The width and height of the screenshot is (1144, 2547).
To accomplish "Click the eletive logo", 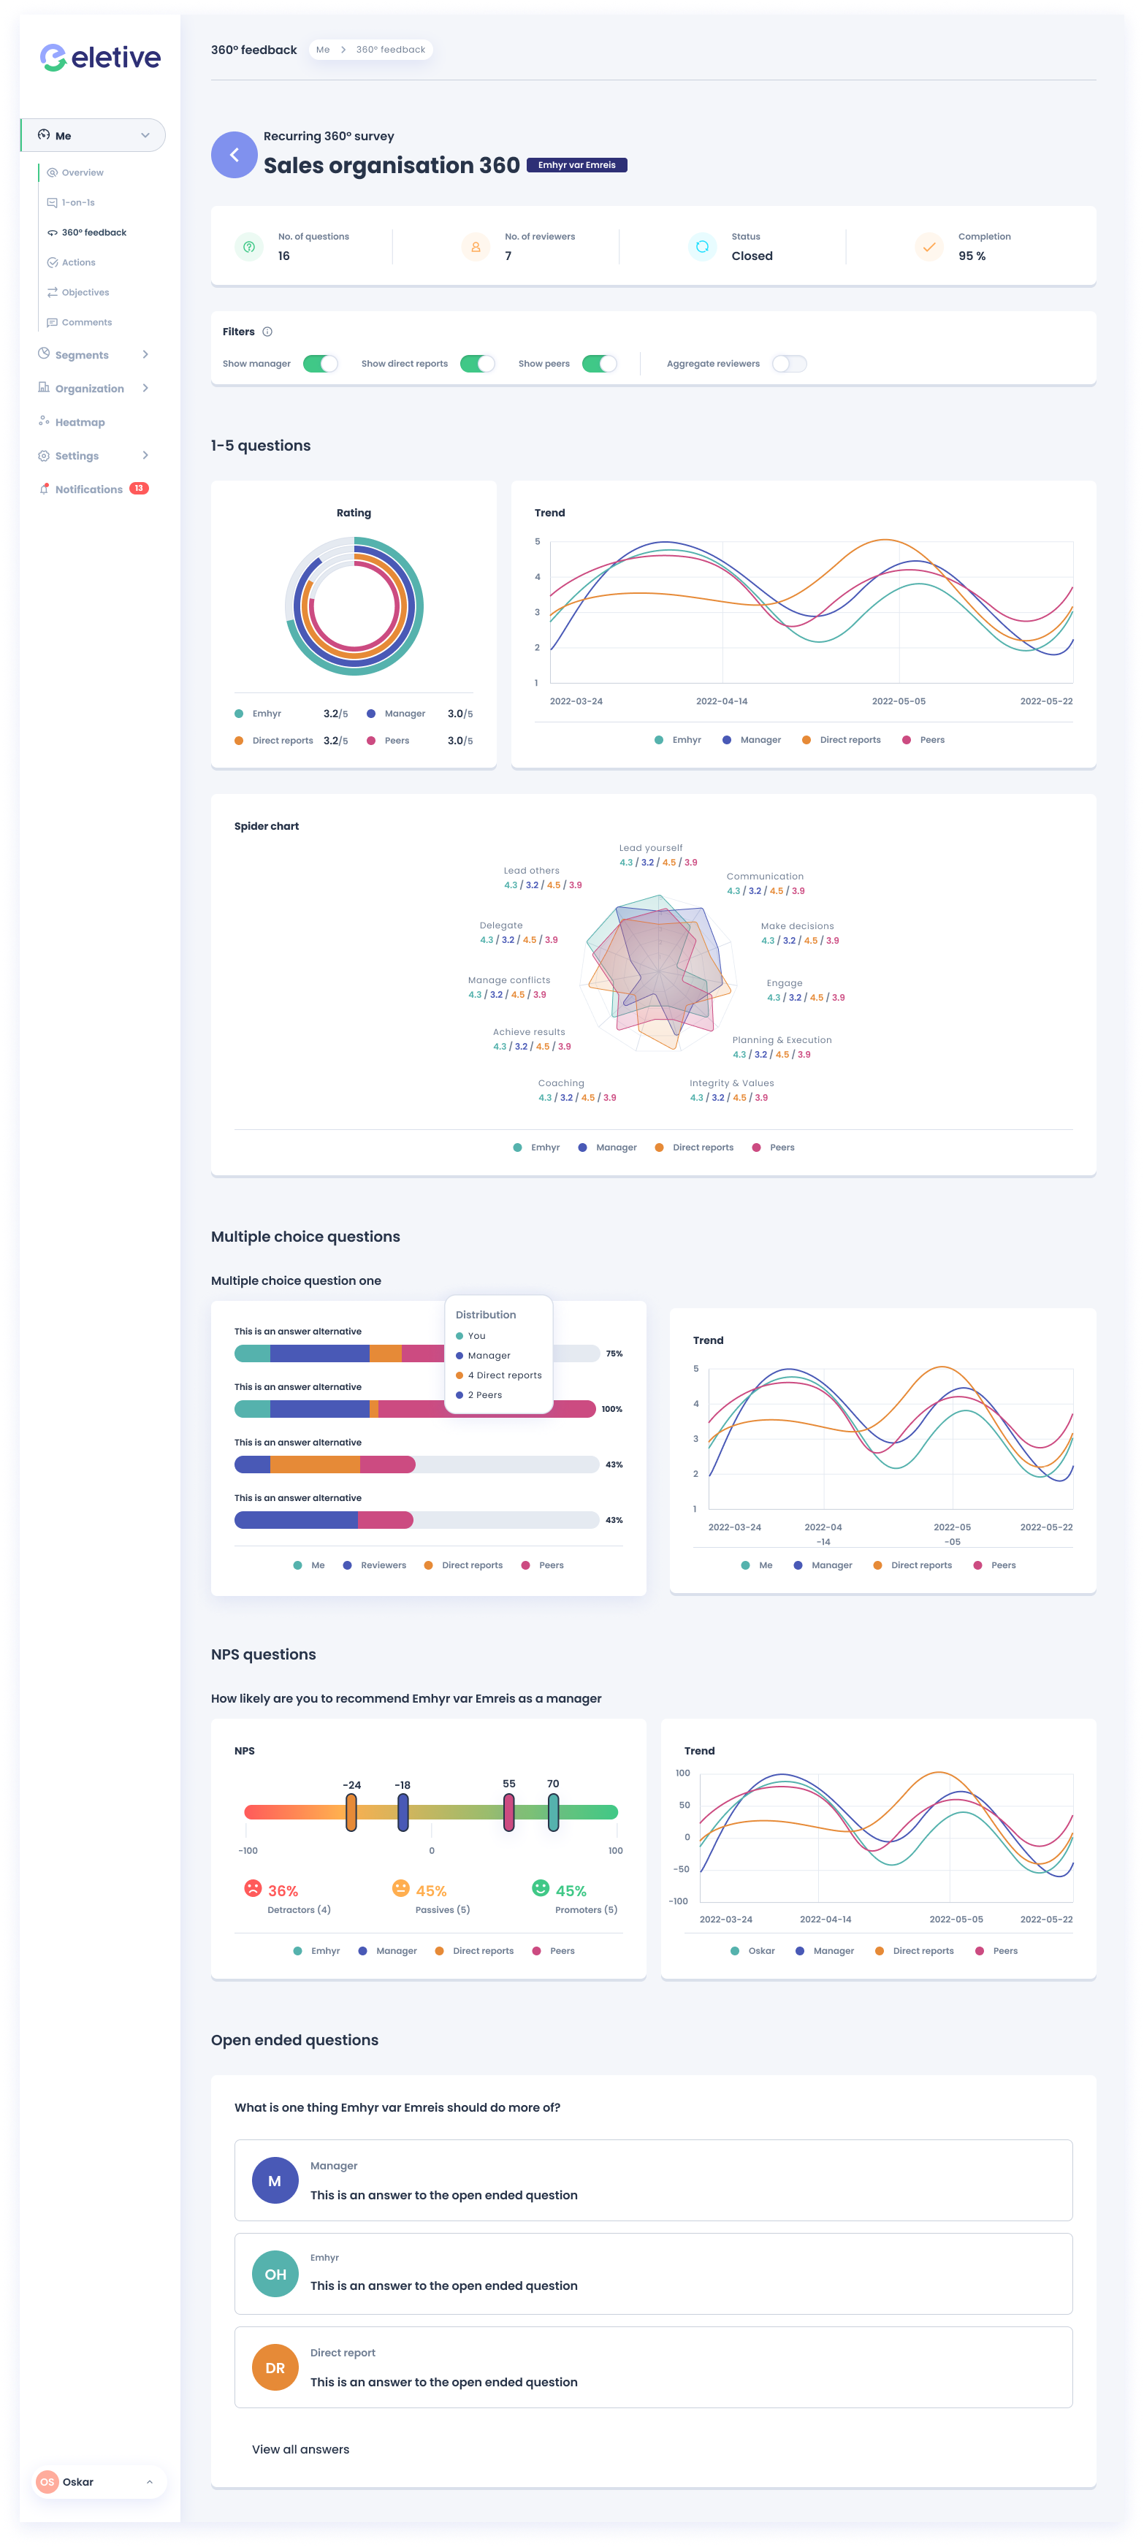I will click(x=100, y=58).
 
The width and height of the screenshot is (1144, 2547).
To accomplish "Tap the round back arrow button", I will click(x=234, y=156).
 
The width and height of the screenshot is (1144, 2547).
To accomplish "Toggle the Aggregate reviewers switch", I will click(x=789, y=364).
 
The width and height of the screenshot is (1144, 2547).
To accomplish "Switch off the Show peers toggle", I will click(x=599, y=364).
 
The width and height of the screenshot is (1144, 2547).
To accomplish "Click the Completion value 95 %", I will click(x=971, y=256).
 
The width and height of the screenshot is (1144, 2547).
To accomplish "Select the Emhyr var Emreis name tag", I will click(x=576, y=165).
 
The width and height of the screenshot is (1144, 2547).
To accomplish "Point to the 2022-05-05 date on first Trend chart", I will click(x=898, y=701).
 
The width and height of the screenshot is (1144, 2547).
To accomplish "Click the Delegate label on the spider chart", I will click(x=501, y=925).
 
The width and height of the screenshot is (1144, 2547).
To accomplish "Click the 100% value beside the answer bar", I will click(x=612, y=1409).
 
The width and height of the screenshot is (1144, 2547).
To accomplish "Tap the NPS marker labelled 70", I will click(x=553, y=1811).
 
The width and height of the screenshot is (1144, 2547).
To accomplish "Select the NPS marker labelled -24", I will click(x=351, y=1811).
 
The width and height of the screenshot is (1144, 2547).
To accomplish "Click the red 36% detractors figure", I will click(x=283, y=1890).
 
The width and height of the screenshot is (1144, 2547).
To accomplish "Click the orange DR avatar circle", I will click(x=275, y=2368).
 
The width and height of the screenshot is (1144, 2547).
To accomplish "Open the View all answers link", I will click(x=300, y=2449).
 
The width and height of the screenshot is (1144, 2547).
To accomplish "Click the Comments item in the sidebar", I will click(x=86, y=322).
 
